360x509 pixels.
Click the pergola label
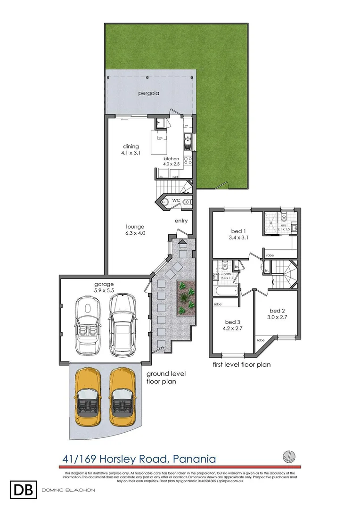point(148,93)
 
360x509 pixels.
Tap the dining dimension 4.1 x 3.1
point(131,153)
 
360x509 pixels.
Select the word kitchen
point(171,159)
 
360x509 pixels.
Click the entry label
point(181,221)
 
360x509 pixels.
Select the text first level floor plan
point(241,364)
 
